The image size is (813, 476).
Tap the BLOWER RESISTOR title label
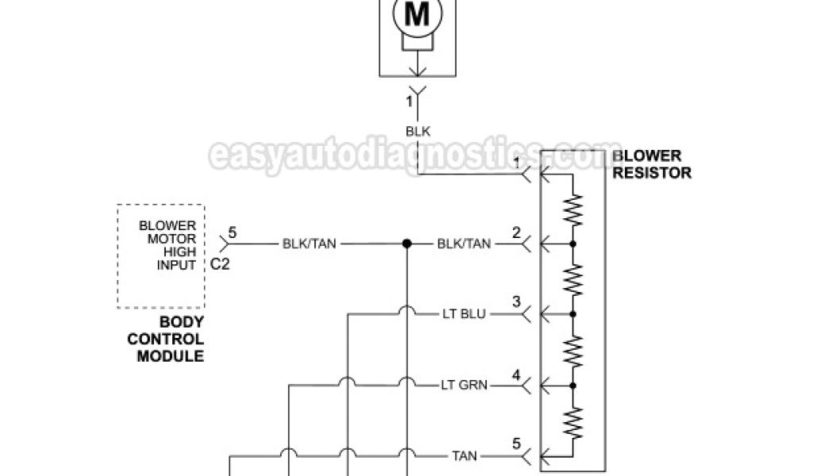[651, 164]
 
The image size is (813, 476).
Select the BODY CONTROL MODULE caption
[171, 339]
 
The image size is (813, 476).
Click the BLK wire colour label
[418, 132]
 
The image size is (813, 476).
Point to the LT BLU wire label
[464, 314]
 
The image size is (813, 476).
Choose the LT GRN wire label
[464, 386]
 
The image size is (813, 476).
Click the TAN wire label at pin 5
[464, 457]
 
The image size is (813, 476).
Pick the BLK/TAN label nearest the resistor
[464, 244]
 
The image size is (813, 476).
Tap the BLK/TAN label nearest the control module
[310, 244]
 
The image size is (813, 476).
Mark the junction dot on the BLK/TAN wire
[406, 244]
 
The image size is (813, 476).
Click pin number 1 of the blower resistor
[516, 163]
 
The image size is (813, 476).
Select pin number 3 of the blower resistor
[516, 302]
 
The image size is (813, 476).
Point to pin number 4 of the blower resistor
[516, 374]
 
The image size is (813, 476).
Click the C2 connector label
[220, 265]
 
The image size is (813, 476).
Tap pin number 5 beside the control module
[233, 233]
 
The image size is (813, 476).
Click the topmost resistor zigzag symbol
[573, 209]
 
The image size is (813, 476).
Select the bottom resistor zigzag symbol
[573, 421]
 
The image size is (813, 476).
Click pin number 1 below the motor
[410, 101]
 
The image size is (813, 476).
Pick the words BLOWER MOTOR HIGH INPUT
[168, 245]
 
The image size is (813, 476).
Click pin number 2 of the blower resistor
[516, 232]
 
